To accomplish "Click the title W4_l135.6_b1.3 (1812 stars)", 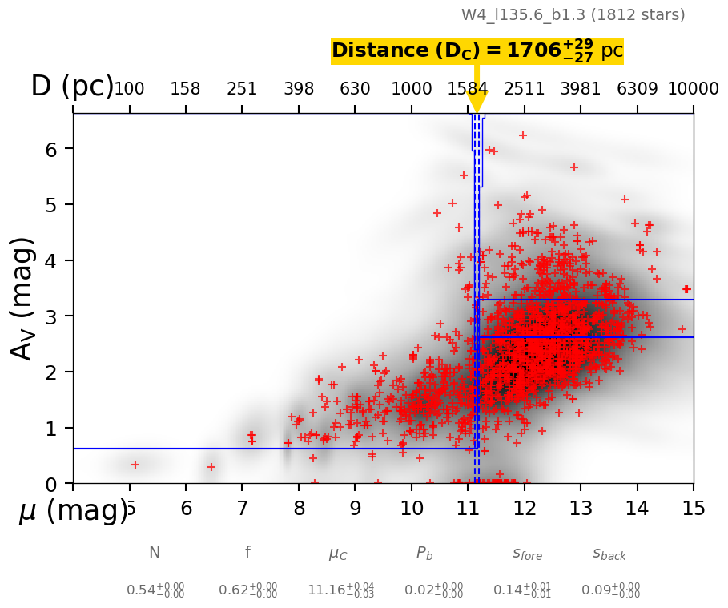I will (x=573, y=15).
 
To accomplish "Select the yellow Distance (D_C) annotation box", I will (x=477, y=51).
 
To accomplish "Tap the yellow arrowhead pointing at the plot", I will (x=477, y=102).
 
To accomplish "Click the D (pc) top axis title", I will (x=71, y=87).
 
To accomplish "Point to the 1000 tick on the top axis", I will (x=412, y=89).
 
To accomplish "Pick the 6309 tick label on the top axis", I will (x=638, y=89).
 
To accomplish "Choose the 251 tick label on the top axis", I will (x=242, y=89).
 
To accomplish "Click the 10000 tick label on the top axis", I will (x=693, y=89).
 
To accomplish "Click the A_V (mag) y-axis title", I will (x=23, y=298).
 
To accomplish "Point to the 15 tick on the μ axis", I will (x=694, y=509).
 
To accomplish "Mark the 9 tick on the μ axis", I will (x=355, y=509).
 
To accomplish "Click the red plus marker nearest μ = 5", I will (x=135, y=465).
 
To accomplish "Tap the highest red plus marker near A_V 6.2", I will (x=523, y=135).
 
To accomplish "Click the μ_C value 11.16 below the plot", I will (x=340, y=590).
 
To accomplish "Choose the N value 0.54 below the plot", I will (x=155, y=590).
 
